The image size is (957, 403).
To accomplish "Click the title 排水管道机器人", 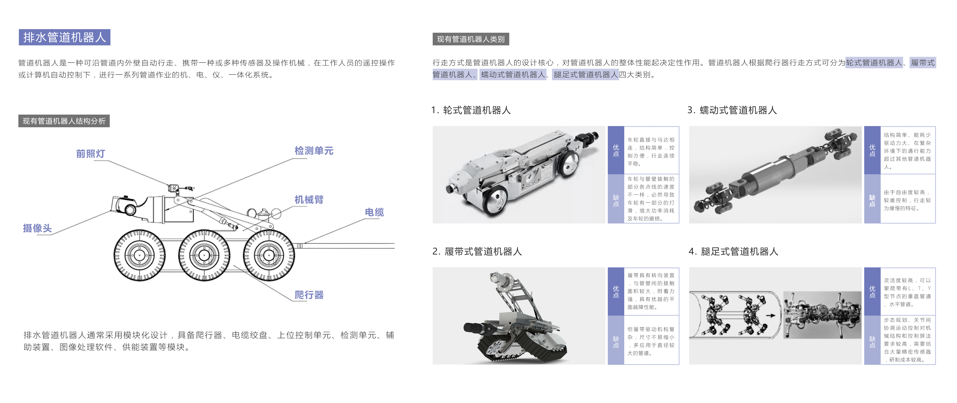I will [x=64, y=37].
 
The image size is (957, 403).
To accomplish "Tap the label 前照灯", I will [x=90, y=154].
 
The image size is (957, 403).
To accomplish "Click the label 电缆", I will [x=374, y=212].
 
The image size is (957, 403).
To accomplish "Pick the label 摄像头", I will [x=37, y=228].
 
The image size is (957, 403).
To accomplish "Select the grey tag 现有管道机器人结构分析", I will [x=64, y=121].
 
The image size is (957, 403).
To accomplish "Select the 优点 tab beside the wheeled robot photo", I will [x=616, y=150].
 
